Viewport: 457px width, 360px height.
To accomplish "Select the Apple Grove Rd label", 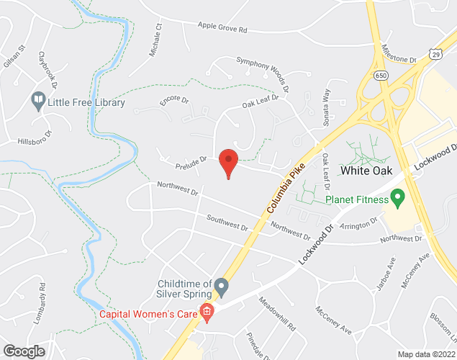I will coord(222,29).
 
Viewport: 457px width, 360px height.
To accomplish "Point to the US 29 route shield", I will coord(436,52).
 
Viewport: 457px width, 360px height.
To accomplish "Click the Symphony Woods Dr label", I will coord(262,74).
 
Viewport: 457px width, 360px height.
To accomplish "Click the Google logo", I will coord(23,351).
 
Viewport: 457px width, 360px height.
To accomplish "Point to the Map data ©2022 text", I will coord(426,354).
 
